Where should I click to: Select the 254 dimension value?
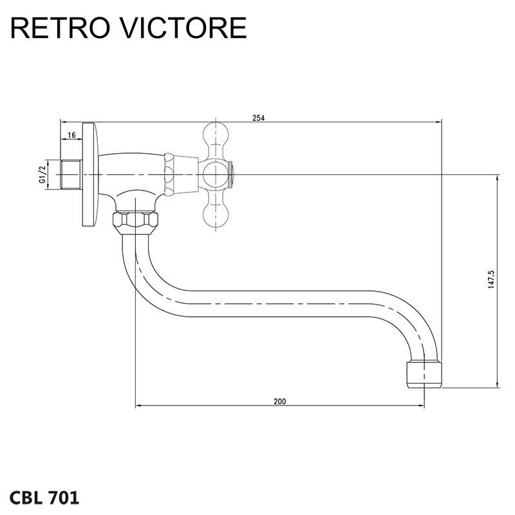click(258, 117)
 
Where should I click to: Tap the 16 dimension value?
click(71, 135)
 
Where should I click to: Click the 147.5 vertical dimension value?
click(491, 281)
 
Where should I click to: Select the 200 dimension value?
click(279, 401)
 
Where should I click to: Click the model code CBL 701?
click(45, 496)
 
